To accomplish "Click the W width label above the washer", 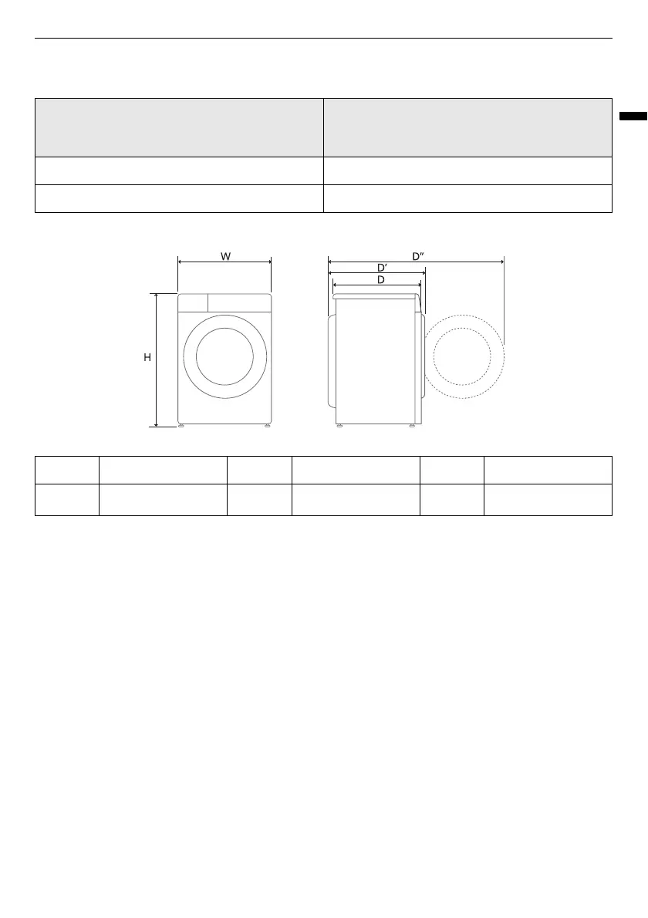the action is (225, 256).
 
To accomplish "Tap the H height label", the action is (147, 357).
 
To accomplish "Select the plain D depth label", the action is (380, 280).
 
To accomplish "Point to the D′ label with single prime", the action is (382, 268).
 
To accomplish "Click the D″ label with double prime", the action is (418, 256).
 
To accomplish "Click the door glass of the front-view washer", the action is (224, 356).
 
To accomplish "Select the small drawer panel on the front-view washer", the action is (193, 302).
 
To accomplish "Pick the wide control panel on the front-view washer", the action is (239, 302).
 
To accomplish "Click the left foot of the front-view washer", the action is (181, 426).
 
